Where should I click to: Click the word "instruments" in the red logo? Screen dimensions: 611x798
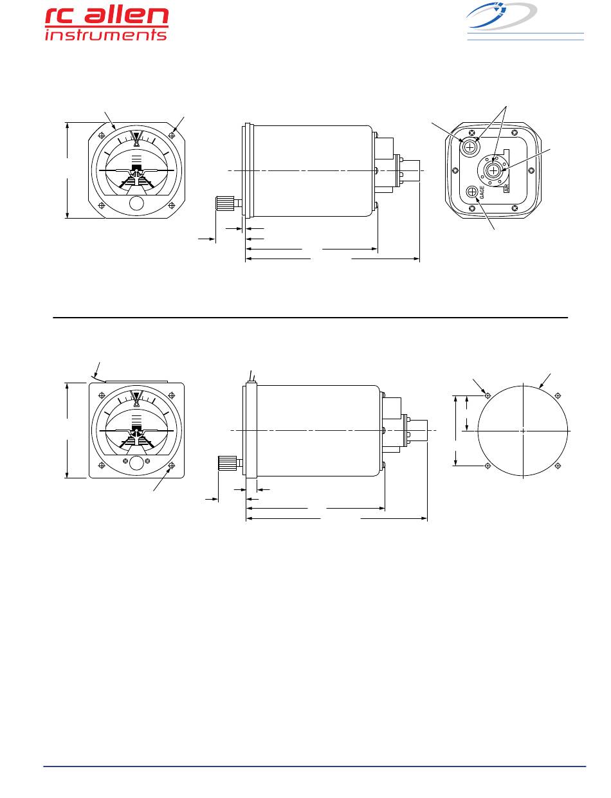point(105,35)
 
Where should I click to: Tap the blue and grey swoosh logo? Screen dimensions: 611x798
point(501,15)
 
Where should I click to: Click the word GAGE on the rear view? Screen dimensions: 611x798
point(482,192)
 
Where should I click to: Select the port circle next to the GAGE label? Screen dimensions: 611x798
point(471,192)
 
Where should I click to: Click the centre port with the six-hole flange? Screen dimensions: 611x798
point(493,170)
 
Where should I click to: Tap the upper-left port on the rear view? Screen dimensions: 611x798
point(470,147)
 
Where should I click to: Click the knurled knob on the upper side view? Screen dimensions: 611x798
point(224,203)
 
